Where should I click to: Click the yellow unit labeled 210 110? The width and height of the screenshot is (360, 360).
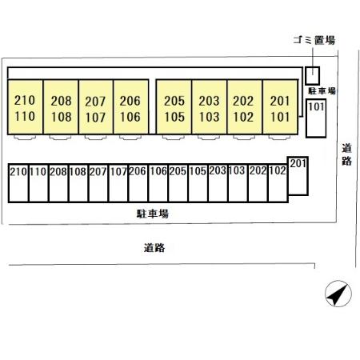pyautogui.click(x=26, y=106)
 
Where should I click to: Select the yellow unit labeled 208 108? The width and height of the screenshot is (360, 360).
pyautogui.click(x=61, y=106)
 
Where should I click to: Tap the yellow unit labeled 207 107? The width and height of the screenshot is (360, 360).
pyautogui.click(x=96, y=106)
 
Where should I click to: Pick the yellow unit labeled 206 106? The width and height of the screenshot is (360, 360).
pyautogui.click(x=131, y=106)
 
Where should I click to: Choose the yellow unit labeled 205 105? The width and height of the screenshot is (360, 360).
pyautogui.click(x=174, y=106)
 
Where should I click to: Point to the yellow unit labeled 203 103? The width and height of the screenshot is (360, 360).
pyautogui.click(x=210, y=106)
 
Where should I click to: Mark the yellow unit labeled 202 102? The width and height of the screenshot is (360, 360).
pyautogui.click(x=245, y=106)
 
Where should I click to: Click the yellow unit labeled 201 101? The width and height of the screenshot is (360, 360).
pyautogui.click(x=280, y=106)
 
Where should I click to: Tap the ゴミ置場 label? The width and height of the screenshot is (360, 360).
pyautogui.click(x=314, y=40)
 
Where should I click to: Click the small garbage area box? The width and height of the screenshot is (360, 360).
pyautogui.click(x=312, y=76)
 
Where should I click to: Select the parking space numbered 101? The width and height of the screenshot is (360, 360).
pyautogui.click(x=316, y=118)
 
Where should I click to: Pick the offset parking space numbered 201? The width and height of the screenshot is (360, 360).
pyautogui.click(x=298, y=176)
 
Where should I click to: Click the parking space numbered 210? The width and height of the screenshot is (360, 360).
pyautogui.click(x=18, y=183)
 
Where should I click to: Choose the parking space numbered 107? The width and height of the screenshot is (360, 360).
pyautogui.click(x=118, y=183)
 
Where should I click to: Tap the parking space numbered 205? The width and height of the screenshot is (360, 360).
pyautogui.click(x=178, y=183)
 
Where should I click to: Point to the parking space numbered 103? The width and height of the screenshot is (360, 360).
pyautogui.click(x=238, y=183)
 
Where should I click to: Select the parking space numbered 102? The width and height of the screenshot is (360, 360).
pyautogui.click(x=278, y=183)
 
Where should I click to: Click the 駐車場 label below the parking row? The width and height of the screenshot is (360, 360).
pyautogui.click(x=153, y=214)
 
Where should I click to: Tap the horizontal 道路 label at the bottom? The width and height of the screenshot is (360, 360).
pyautogui.click(x=154, y=248)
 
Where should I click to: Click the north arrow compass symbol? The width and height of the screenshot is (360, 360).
pyautogui.click(x=338, y=294)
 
